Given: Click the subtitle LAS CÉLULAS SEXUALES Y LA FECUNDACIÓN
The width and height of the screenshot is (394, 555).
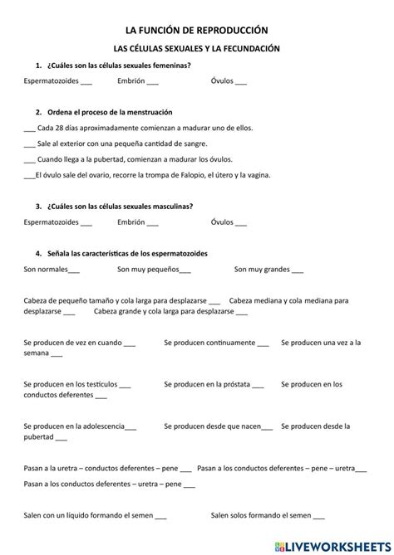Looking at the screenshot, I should click(x=197, y=49).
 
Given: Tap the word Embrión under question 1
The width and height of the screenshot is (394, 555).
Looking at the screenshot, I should click(x=131, y=81).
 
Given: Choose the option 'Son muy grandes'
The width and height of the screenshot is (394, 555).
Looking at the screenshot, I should click(x=261, y=269).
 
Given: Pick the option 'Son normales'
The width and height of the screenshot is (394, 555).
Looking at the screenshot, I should click(x=47, y=269).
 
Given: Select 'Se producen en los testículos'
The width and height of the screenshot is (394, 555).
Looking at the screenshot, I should click(x=71, y=384).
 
